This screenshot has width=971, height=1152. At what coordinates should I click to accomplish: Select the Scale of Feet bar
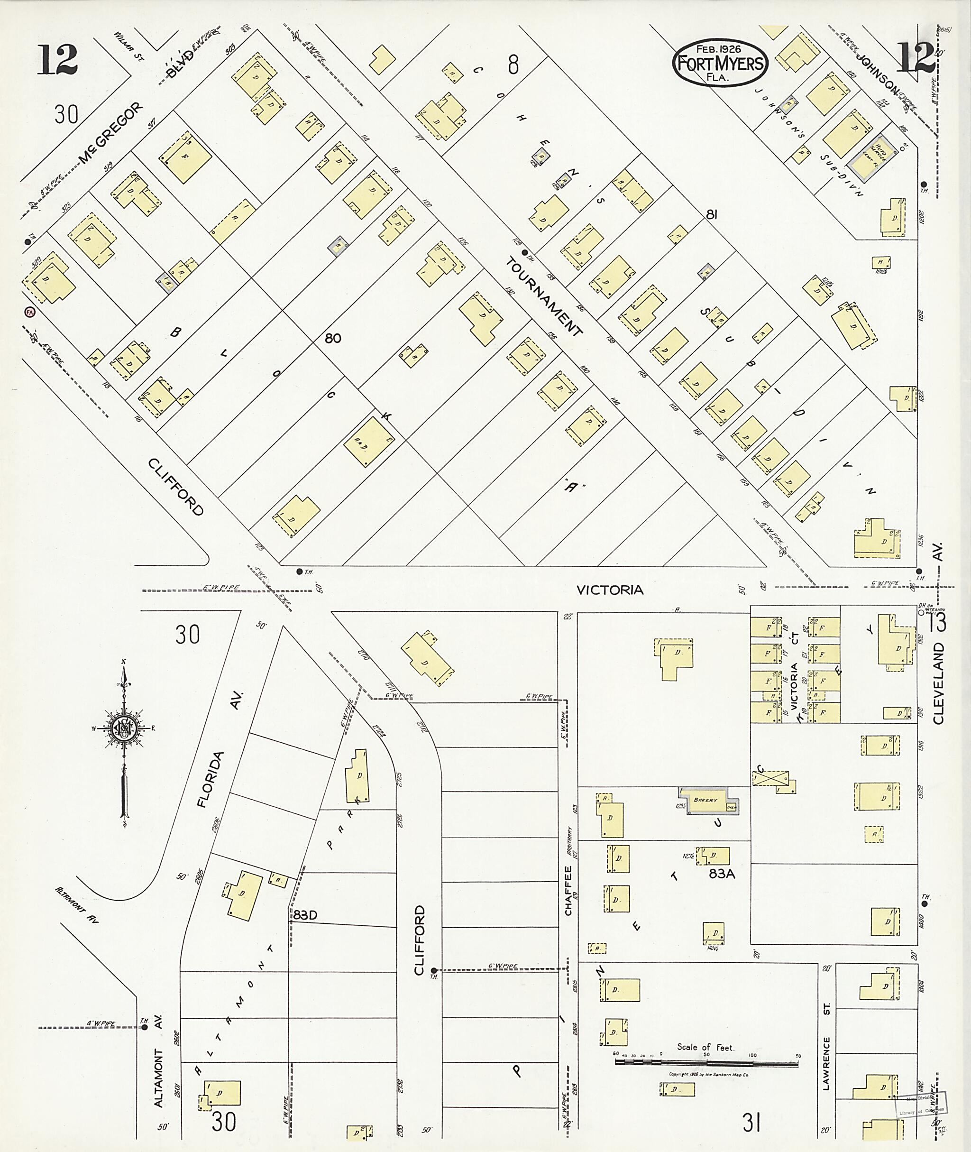click(x=706, y=1063)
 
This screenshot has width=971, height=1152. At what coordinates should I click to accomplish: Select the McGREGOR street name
click(x=110, y=134)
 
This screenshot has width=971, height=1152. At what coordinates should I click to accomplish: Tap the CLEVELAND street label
click(x=938, y=683)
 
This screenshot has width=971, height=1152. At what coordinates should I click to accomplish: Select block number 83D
click(x=305, y=915)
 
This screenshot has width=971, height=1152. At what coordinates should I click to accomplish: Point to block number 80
click(x=332, y=338)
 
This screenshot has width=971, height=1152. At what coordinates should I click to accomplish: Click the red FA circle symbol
click(x=29, y=312)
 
